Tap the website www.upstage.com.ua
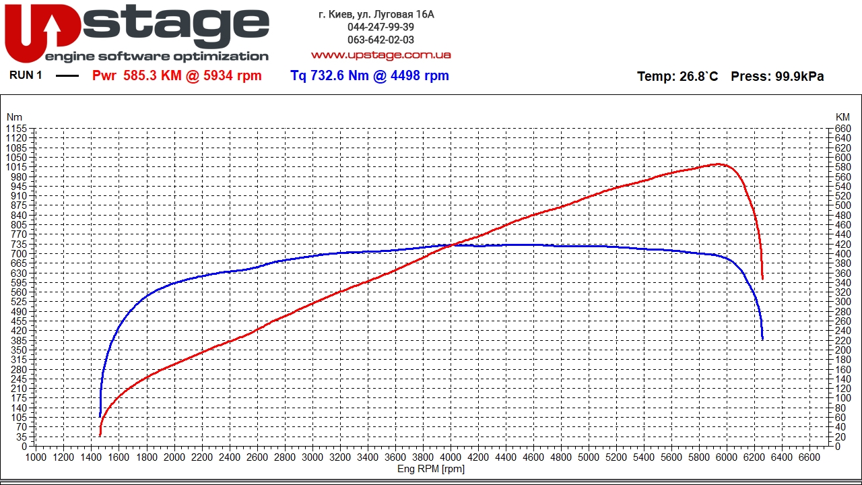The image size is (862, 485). (380, 55)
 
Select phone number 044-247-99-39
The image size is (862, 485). (380, 27)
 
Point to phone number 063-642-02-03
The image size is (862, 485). (380, 40)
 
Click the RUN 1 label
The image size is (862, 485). (26, 75)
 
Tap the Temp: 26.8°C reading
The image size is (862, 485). (677, 77)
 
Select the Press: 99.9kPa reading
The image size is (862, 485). (777, 77)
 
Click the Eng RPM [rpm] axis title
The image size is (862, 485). (431, 469)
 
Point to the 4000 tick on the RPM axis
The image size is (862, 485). (451, 457)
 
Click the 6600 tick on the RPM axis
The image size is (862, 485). (809, 457)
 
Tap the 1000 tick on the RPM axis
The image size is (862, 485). (36, 457)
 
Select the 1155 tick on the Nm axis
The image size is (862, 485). (16, 129)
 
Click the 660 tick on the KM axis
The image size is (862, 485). (842, 129)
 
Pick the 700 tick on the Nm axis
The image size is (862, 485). (19, 253)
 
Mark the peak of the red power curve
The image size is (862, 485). (718, 164)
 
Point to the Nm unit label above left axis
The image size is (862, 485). (14, 117)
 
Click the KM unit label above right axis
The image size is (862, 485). (842, 117)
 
